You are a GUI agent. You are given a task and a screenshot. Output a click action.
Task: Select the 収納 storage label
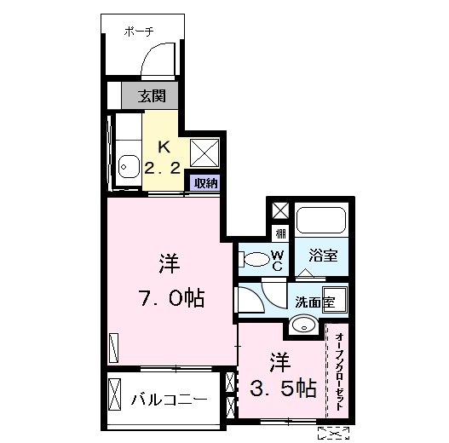click(204, 182)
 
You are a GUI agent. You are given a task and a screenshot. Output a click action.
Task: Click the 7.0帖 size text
click(170, 298)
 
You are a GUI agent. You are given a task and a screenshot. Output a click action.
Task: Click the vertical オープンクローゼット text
click(339, 368)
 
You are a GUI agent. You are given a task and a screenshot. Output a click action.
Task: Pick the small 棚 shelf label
click(279, 233)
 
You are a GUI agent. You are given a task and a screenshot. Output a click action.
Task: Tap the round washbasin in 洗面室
click(302, 324)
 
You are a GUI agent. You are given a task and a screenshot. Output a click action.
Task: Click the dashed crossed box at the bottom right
click(332, 433)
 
